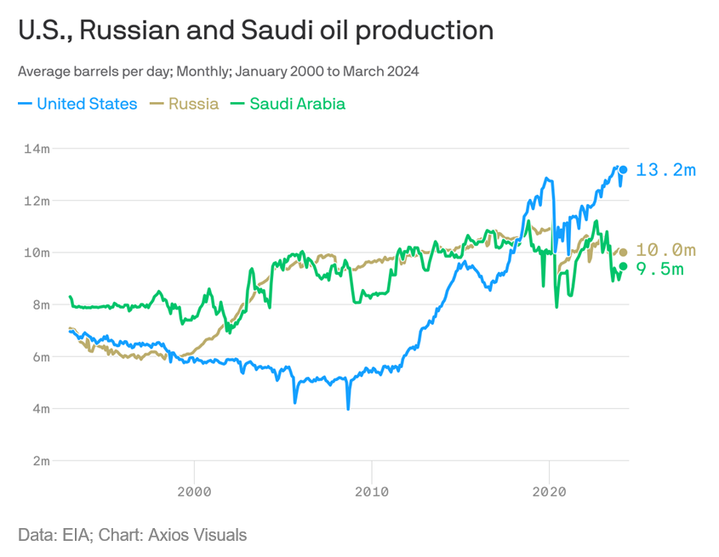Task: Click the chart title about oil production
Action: click(x=255, y=31)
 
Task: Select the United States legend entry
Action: click(x=77, y=104)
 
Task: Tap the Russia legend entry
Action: click(x=185, y=104)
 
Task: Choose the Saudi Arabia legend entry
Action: click(x=288, y=104)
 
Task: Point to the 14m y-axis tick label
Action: click(x=37, y=149)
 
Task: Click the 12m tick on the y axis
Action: click(x=37, y=201)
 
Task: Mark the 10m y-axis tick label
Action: click(x=37, y=253)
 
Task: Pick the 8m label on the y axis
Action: click(x=39, y=304)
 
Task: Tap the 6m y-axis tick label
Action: click(x=39, y=356)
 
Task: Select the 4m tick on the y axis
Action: click(x=39, y=408)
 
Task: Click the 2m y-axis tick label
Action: click(x=39, y=460)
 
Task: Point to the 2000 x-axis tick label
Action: click(x=194, y=492)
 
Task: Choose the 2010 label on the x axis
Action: click(x=371, y=492)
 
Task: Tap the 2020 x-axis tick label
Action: click(x=549, y=492)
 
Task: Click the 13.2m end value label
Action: click(x=665, y=170)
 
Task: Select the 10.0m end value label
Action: click(x=665, y=250)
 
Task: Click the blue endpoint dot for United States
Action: click(x=623, y=170)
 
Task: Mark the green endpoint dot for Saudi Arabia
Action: click(x=623, y=266)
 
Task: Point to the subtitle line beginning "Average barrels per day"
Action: click(x=218, y=71)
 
